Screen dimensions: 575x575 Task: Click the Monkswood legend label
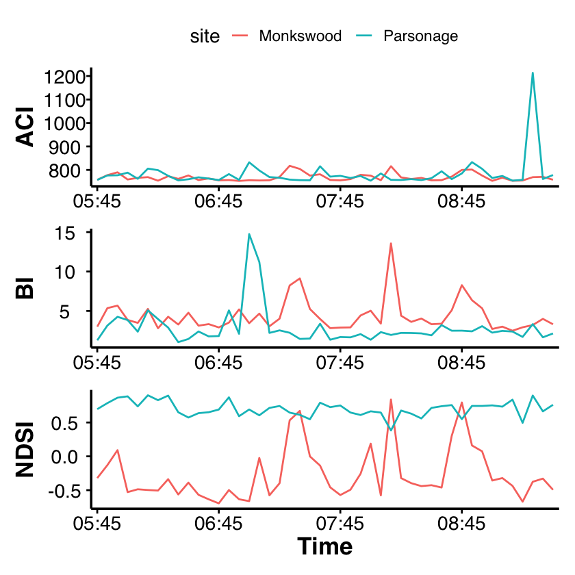pyautogui.click(x=300, y=36)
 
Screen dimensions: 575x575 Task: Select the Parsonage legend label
pyautogui.click(x=420, y=36)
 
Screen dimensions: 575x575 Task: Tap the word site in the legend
pyautogui.click(x=205, y=36)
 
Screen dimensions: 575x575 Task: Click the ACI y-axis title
pyautogui.click(x=25, y=127)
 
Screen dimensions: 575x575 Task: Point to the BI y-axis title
pyautogui.click(x=25, y=288)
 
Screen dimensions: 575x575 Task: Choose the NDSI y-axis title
pyautogui.click(x=25, y=450)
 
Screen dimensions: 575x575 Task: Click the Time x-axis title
pyautogui.click(x=325, y=546)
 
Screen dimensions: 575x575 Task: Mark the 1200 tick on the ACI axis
pyautogui.click(x=65, y=77)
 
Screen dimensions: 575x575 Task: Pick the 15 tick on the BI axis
pyautogui.click(x=65, y=233)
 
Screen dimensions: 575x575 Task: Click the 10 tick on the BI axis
pyautogui.click(x=65, y=272)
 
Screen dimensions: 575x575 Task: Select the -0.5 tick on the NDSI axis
pyautogui.click(x=64, y=491)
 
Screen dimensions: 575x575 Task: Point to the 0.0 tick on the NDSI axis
pyautogui.click(x=65, y=457)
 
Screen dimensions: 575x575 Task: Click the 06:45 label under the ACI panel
pyautogui.click(x=218, y=201)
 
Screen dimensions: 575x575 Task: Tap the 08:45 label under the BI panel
pyautogui.click(x=461, y=363)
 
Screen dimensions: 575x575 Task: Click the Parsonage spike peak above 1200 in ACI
pyautogui.click(x=533, y=73)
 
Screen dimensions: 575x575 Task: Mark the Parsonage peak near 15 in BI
pyautogui.click(x=249, y=234)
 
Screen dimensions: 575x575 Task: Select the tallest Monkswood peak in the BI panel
pyautogui.click(x=391, y=243)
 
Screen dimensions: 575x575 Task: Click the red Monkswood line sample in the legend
pyautogui.click(x=240, y=36)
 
